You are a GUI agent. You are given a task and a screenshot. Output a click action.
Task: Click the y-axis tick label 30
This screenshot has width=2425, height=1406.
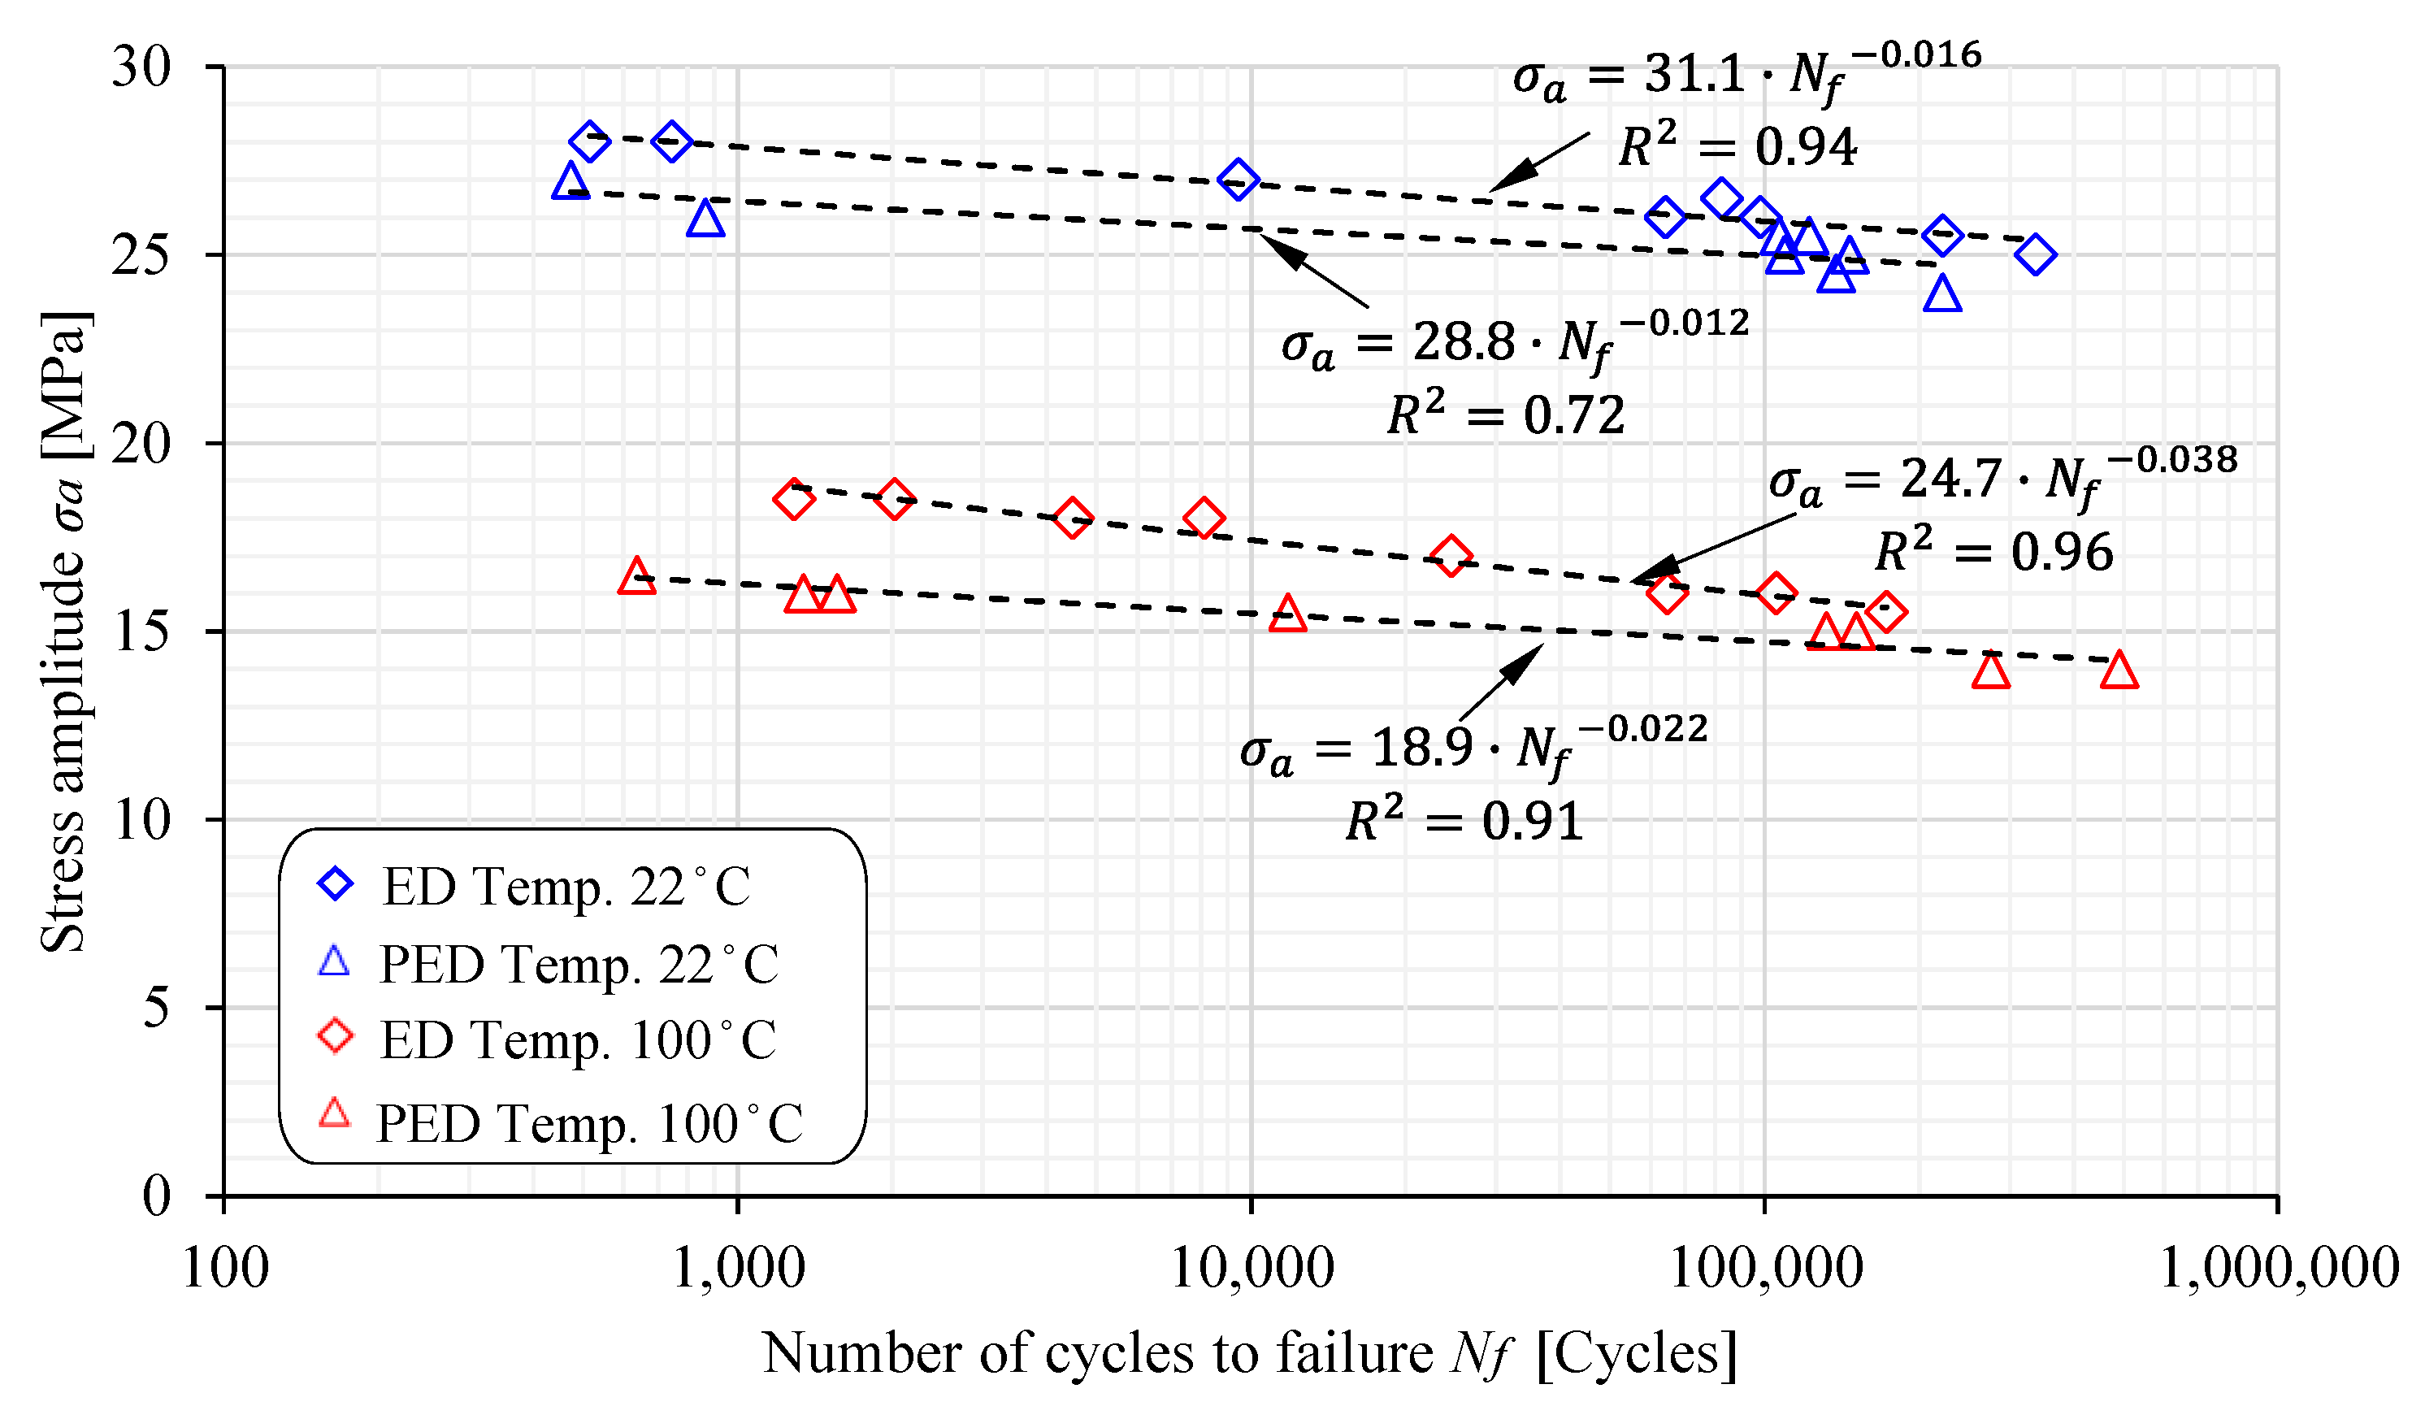(x=141, y=68)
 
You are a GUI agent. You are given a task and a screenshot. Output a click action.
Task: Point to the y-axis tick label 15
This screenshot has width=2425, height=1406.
(x=141, y=632)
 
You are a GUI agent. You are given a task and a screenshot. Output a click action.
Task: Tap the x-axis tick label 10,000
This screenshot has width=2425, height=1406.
(x=1251, y=1269)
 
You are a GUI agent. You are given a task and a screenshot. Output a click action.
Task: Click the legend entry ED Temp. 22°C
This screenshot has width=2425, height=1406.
(x=566, y=887)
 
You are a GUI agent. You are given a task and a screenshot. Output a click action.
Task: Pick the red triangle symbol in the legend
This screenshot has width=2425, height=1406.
(x=335, y=1113)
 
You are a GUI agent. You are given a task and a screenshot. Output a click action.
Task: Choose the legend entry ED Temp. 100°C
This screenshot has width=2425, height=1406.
(x=577, y=1040)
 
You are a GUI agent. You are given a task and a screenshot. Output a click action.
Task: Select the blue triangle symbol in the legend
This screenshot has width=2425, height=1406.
(x=334, y=961)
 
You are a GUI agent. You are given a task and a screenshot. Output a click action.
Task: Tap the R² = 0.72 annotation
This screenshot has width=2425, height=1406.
(x=1507, y=416)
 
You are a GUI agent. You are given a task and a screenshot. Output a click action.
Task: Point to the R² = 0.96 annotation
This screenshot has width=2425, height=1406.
(x=1995, y=553)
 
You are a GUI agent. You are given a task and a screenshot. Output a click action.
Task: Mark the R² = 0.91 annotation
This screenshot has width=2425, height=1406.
(x=1464, y=822)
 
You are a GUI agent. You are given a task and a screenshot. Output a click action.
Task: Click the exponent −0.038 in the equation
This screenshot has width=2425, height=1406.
(x=2173, y=461)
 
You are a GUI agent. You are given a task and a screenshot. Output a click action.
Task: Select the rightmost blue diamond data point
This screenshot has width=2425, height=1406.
(x=2035, y=255)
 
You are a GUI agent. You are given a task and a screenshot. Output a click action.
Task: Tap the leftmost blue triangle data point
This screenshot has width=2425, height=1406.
(x=570, y=182)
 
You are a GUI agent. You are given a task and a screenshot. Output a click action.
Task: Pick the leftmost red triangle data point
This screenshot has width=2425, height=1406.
(x=636, y=577)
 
